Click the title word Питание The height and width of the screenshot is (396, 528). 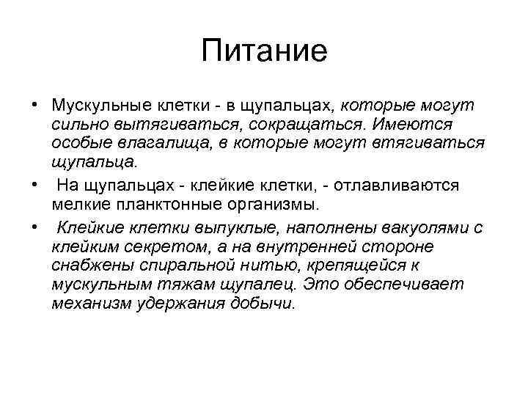263,52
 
